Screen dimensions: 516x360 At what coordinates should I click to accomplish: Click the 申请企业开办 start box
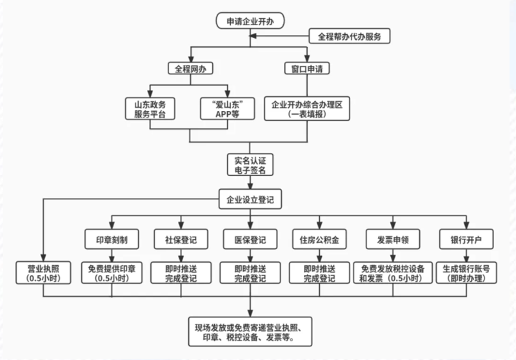coord(250,21)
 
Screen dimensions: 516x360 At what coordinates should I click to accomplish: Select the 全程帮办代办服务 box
coord(349,36)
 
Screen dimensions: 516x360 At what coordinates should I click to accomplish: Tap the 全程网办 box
coord(190,68)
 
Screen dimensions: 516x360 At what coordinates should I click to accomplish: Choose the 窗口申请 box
coord(307,68)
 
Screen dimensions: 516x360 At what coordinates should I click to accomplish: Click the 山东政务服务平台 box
coord(150,108)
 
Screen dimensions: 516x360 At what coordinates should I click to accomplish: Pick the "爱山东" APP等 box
coord(228,108)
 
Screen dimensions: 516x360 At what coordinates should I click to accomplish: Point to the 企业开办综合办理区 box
coord(307,108)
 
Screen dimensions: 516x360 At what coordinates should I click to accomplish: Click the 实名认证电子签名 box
coord(250,165)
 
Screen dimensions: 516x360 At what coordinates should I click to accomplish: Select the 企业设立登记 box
coord(250,199)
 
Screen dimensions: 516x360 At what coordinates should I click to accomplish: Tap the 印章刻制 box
coord(112,239)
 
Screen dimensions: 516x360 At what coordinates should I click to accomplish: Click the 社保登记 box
coord(181,239)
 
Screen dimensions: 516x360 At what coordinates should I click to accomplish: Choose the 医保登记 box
coord(250,239)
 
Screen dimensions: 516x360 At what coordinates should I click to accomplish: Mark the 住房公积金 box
coord(319,239)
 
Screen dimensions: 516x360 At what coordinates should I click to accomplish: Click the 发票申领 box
coord(393,239)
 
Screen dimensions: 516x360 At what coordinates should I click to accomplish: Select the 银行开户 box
coord(466,239)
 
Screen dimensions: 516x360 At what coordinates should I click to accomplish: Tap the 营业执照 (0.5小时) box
coord(43,273)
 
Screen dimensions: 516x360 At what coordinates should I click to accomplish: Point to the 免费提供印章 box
coord(112,273)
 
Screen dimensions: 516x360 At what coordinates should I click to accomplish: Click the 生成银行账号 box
coord(466,273)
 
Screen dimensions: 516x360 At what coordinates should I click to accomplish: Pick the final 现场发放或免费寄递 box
coord(250,332)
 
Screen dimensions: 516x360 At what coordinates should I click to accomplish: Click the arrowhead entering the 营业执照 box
coord(43,257)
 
